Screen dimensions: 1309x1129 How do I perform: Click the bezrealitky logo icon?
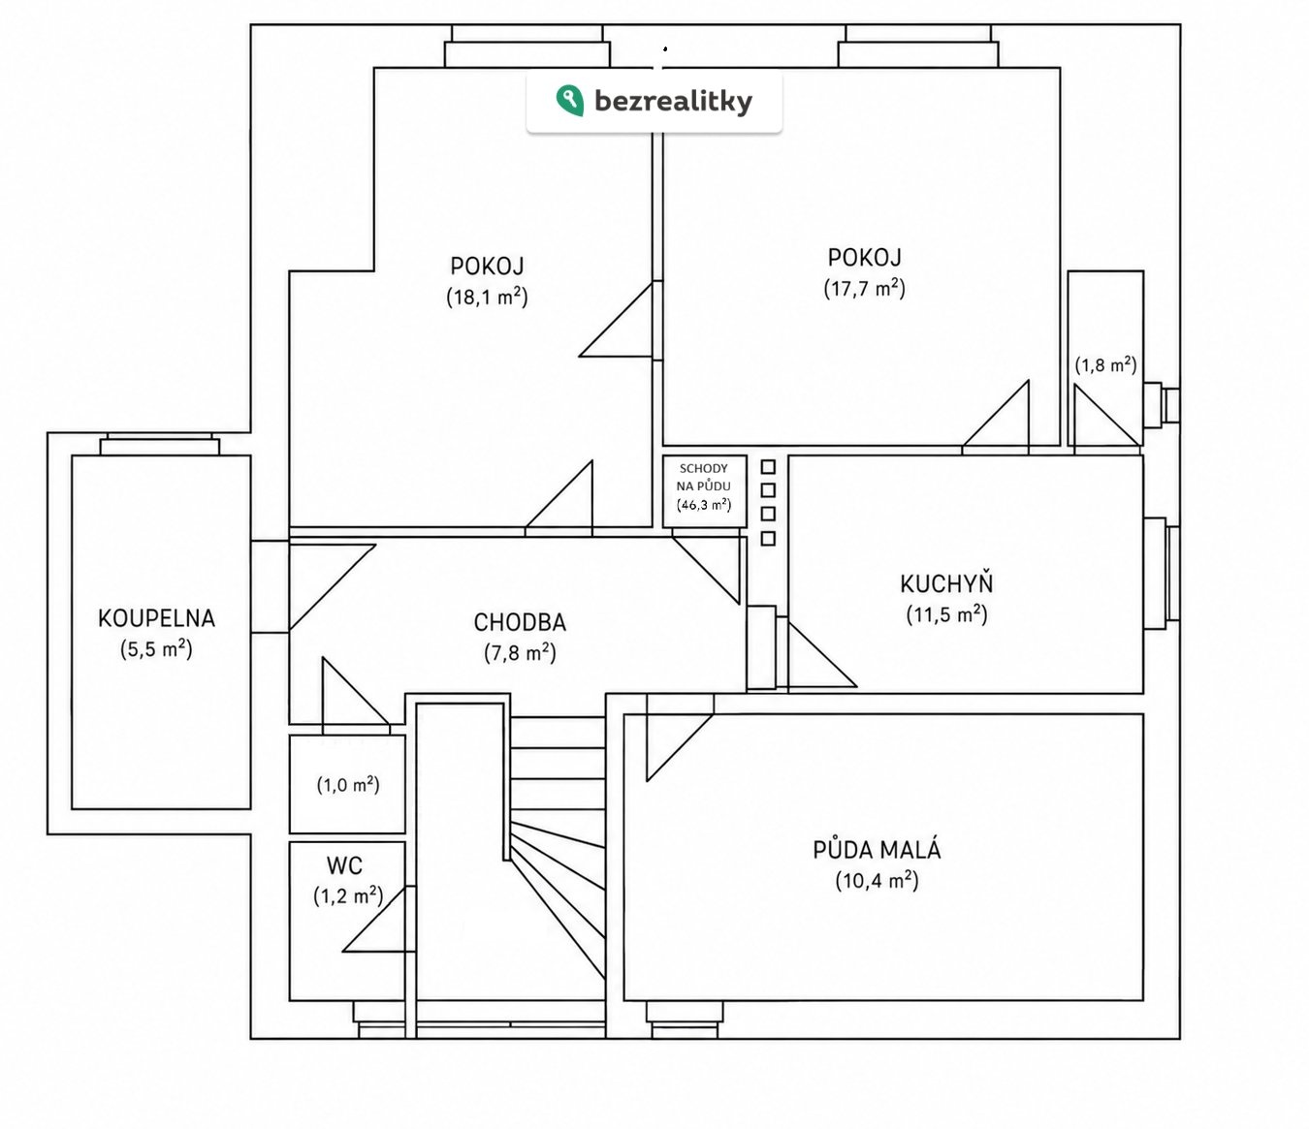tap(569, 101)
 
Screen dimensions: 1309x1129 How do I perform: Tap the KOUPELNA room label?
tap(156, 618)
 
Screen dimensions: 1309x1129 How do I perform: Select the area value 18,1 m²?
tap(487, 297)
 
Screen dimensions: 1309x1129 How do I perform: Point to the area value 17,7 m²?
tap(865, 288)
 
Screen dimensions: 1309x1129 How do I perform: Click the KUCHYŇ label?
tap(946, 582)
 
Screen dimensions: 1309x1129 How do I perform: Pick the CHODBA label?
tap(520, 623)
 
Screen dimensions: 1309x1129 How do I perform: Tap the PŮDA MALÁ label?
tap(878, 849)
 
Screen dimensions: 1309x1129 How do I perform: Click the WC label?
tap(344, 865)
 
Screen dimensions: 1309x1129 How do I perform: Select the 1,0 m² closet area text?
tap(348, 785)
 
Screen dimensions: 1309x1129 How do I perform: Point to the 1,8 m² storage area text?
tap(1105, 364)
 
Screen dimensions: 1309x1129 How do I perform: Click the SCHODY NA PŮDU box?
tap(704, 491)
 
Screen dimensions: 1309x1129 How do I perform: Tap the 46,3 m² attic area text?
tap(704, 504)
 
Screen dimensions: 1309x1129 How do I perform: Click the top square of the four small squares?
tap(768, 467)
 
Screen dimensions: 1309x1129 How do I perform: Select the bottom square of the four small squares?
tap(768, 539)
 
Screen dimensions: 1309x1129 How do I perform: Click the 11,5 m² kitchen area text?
tap(946, 614)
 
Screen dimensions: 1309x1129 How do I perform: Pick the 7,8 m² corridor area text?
tap(520, 652)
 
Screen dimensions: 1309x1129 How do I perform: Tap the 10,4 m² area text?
tap(878, 880)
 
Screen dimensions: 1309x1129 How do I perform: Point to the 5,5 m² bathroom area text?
tap(156, 648)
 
